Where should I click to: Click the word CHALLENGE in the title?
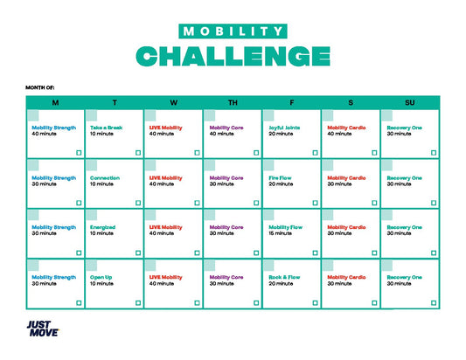tap(233, 56)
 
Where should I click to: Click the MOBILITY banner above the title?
tap(233, 31)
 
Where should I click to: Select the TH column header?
tap(233, 102)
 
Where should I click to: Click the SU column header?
tap(410, 102)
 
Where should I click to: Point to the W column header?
tap(173, 102)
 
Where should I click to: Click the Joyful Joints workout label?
tap(284, 128)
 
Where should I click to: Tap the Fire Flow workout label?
tap(281, 177)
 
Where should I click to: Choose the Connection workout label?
tap(105, 177)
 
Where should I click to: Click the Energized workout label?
tap(102, 227)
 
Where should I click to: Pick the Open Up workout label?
tap(101, 277)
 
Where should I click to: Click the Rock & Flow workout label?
tap(286, 277)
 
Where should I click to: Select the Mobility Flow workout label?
tap(285, 227)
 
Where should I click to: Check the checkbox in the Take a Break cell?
tap(137, 152)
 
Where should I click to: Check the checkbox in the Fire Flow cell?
tap(315, 202)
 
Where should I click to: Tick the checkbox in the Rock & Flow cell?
tap(315, 302)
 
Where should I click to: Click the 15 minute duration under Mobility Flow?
tap(281, 233)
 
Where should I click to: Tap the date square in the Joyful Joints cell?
tap(268, 115)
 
